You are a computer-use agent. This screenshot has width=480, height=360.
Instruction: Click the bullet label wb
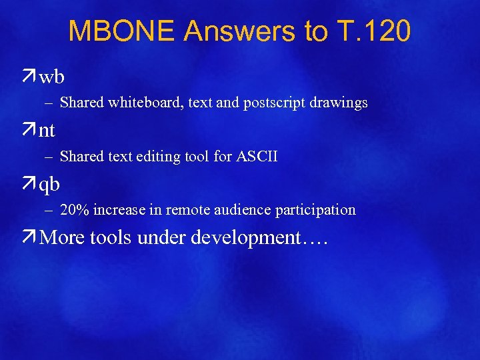pos(52,77)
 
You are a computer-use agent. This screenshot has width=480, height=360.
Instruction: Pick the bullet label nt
pos(47,131)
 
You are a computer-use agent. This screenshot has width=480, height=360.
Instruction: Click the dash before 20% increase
pos(50,210)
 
